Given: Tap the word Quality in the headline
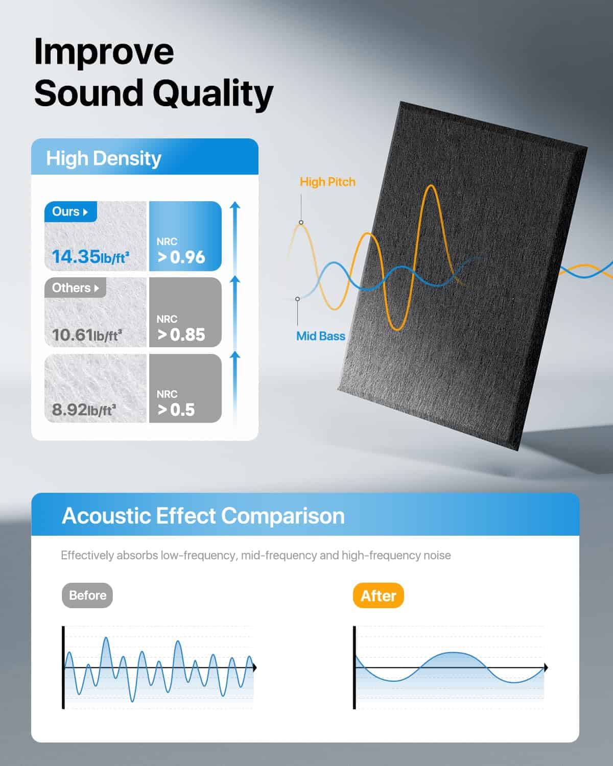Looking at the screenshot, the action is coord(213,94).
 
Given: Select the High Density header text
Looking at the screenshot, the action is coord(104,159).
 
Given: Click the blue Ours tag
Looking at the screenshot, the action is coord(70,212).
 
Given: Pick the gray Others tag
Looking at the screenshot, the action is coord(75,288).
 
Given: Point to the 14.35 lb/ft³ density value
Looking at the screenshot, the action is coord(90,257).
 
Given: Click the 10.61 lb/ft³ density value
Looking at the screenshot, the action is coord(87,334).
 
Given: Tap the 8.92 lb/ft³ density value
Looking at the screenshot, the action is coord(84,410).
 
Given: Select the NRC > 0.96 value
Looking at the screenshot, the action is coord(181,251).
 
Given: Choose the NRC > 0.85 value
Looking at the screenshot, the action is coord(181,328).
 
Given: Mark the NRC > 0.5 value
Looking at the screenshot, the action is coord(176,404).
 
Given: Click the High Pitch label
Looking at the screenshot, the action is coord(327,182).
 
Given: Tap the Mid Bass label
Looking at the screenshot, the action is coord(321,336).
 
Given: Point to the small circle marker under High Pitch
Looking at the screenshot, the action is coord(301,223).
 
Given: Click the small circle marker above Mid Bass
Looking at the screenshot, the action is coord(297,299).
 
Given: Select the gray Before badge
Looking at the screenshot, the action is coord(87,595).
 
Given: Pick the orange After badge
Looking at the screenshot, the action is coord(378,595).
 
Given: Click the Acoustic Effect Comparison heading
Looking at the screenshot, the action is coord(203,516).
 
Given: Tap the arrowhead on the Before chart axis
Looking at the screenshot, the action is coord(255,667).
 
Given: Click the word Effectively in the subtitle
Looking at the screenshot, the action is coord(87,556).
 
